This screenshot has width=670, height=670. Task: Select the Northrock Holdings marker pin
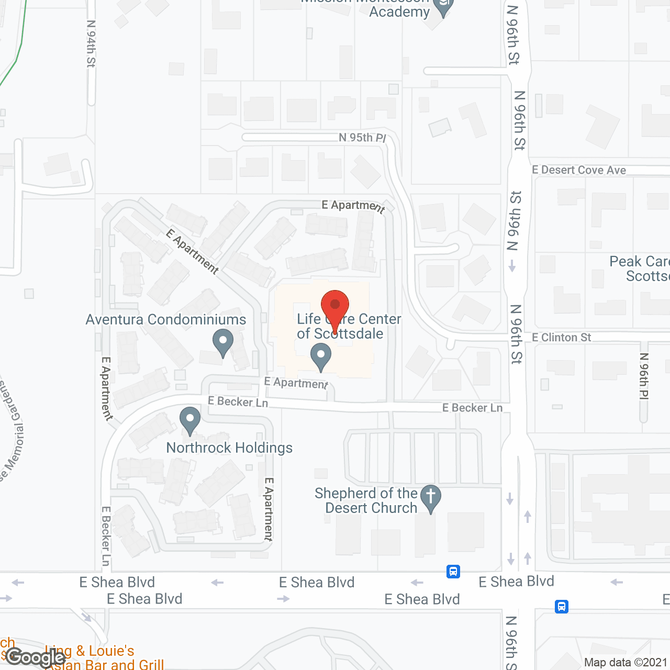190,420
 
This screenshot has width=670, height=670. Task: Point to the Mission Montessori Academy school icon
443,7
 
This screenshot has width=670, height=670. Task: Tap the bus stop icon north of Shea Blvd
453,571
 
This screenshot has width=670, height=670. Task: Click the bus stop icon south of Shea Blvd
562,607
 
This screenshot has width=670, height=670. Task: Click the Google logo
36,657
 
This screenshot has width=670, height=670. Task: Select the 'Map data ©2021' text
626,662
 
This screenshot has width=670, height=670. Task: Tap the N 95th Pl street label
362,138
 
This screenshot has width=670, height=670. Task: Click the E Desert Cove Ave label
579,170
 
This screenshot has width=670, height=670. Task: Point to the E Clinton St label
561,338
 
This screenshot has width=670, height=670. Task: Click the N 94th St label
91,44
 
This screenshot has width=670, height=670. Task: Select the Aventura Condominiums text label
166,319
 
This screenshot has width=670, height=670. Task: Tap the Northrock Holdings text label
229,448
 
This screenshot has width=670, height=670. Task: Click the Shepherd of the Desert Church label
366,500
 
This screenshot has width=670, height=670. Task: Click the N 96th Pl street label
644,376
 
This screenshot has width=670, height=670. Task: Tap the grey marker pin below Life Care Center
321,357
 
